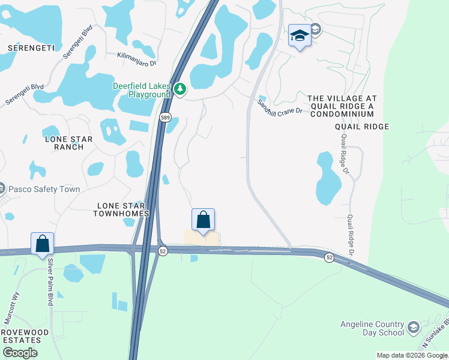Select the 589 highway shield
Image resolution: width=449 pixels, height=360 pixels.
165,118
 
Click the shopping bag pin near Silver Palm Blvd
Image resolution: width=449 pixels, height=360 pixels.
42,244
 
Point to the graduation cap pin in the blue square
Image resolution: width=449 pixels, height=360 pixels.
299,36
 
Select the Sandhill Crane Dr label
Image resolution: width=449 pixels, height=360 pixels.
279,107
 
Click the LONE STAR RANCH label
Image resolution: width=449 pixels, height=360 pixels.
69,143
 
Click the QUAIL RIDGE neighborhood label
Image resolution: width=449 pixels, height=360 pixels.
362,127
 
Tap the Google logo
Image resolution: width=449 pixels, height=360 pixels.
20,352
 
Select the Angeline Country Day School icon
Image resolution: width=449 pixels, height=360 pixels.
413,327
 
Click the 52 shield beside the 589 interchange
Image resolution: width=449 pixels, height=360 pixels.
163,251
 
